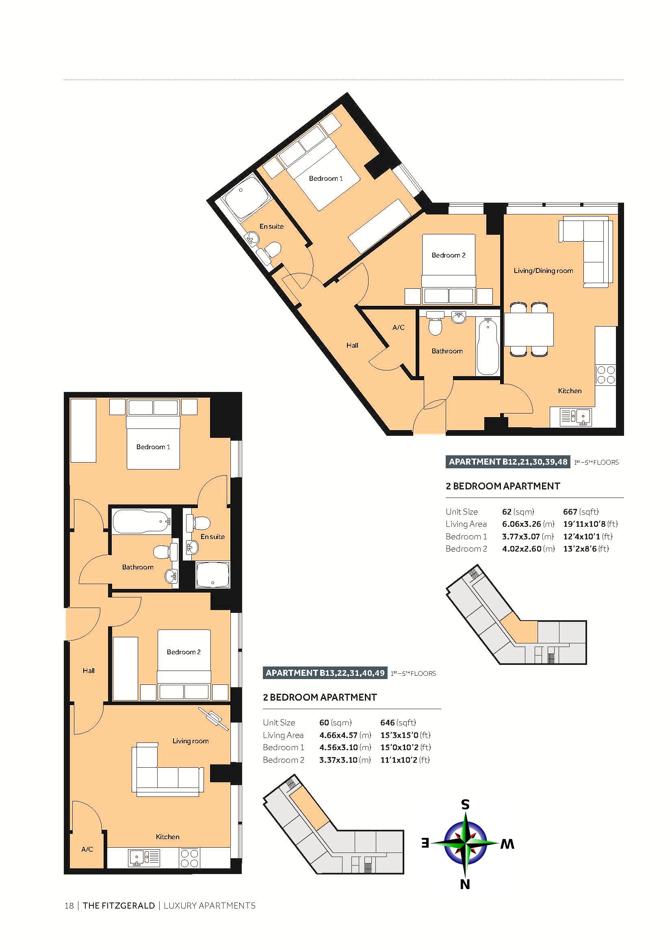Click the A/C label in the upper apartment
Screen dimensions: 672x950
398,327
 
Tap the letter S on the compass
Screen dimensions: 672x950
466,804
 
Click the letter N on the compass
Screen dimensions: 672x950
465,885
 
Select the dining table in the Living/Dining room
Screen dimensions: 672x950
529,329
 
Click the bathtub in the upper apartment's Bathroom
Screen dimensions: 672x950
488,346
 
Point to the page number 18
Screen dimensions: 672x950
69,906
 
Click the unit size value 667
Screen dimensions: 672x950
570,511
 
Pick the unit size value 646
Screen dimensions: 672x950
387,723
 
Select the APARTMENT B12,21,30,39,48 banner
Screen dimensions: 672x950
508,462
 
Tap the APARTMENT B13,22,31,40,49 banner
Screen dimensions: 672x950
325,673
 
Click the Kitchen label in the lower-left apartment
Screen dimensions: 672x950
167,837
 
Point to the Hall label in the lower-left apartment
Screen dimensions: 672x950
89,671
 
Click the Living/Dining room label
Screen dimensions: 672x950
543,271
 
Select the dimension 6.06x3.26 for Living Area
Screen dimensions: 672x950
521,524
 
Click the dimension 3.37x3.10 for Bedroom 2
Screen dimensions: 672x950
338,760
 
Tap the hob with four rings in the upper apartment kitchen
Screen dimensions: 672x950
606,374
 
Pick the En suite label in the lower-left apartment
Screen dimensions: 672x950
212,537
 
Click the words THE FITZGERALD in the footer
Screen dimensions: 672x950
119,906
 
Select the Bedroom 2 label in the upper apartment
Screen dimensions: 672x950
449,255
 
